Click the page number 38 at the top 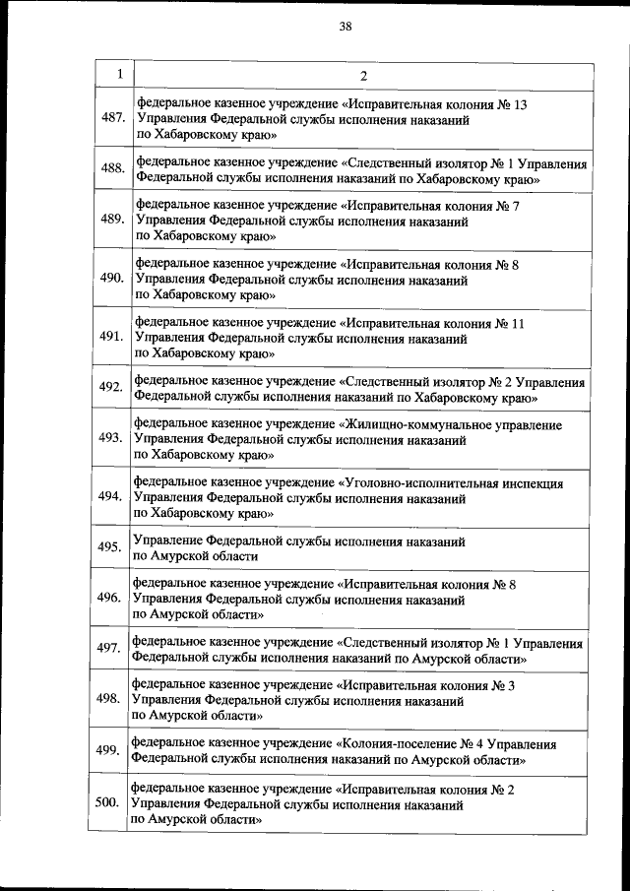pos(346,27)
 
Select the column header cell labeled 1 pos(118,75)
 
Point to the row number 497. pos(108,648)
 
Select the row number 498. pos(108,699)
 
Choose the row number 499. pos(108,750)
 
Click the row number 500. pos(107,801)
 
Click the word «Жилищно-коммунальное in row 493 pos(400,425)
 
